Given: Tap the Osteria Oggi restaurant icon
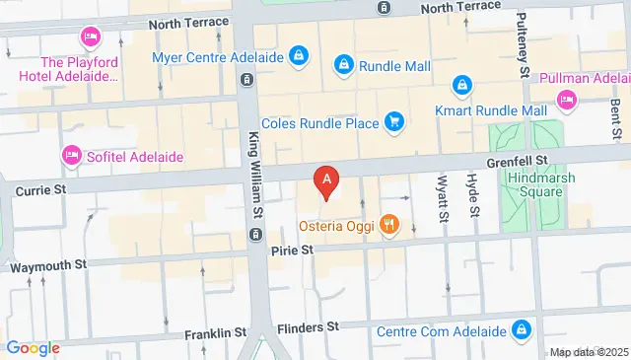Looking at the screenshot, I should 390,226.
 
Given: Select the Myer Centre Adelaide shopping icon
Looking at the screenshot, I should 298,56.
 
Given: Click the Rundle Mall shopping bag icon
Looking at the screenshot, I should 342,65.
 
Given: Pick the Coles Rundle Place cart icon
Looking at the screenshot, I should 394,121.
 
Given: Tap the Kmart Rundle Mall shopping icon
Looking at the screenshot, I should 460,87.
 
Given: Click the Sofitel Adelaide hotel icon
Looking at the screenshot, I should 71,155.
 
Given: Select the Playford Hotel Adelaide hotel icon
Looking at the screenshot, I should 90,37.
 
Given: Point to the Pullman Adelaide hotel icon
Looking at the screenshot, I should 566,100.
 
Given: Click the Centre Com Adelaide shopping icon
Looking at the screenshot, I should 522,329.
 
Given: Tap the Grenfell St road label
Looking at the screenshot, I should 515,159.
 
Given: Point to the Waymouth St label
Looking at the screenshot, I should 48,264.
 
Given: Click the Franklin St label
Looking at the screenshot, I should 215,334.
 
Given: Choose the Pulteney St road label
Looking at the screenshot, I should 524,45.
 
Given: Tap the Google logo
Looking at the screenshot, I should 33,347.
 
